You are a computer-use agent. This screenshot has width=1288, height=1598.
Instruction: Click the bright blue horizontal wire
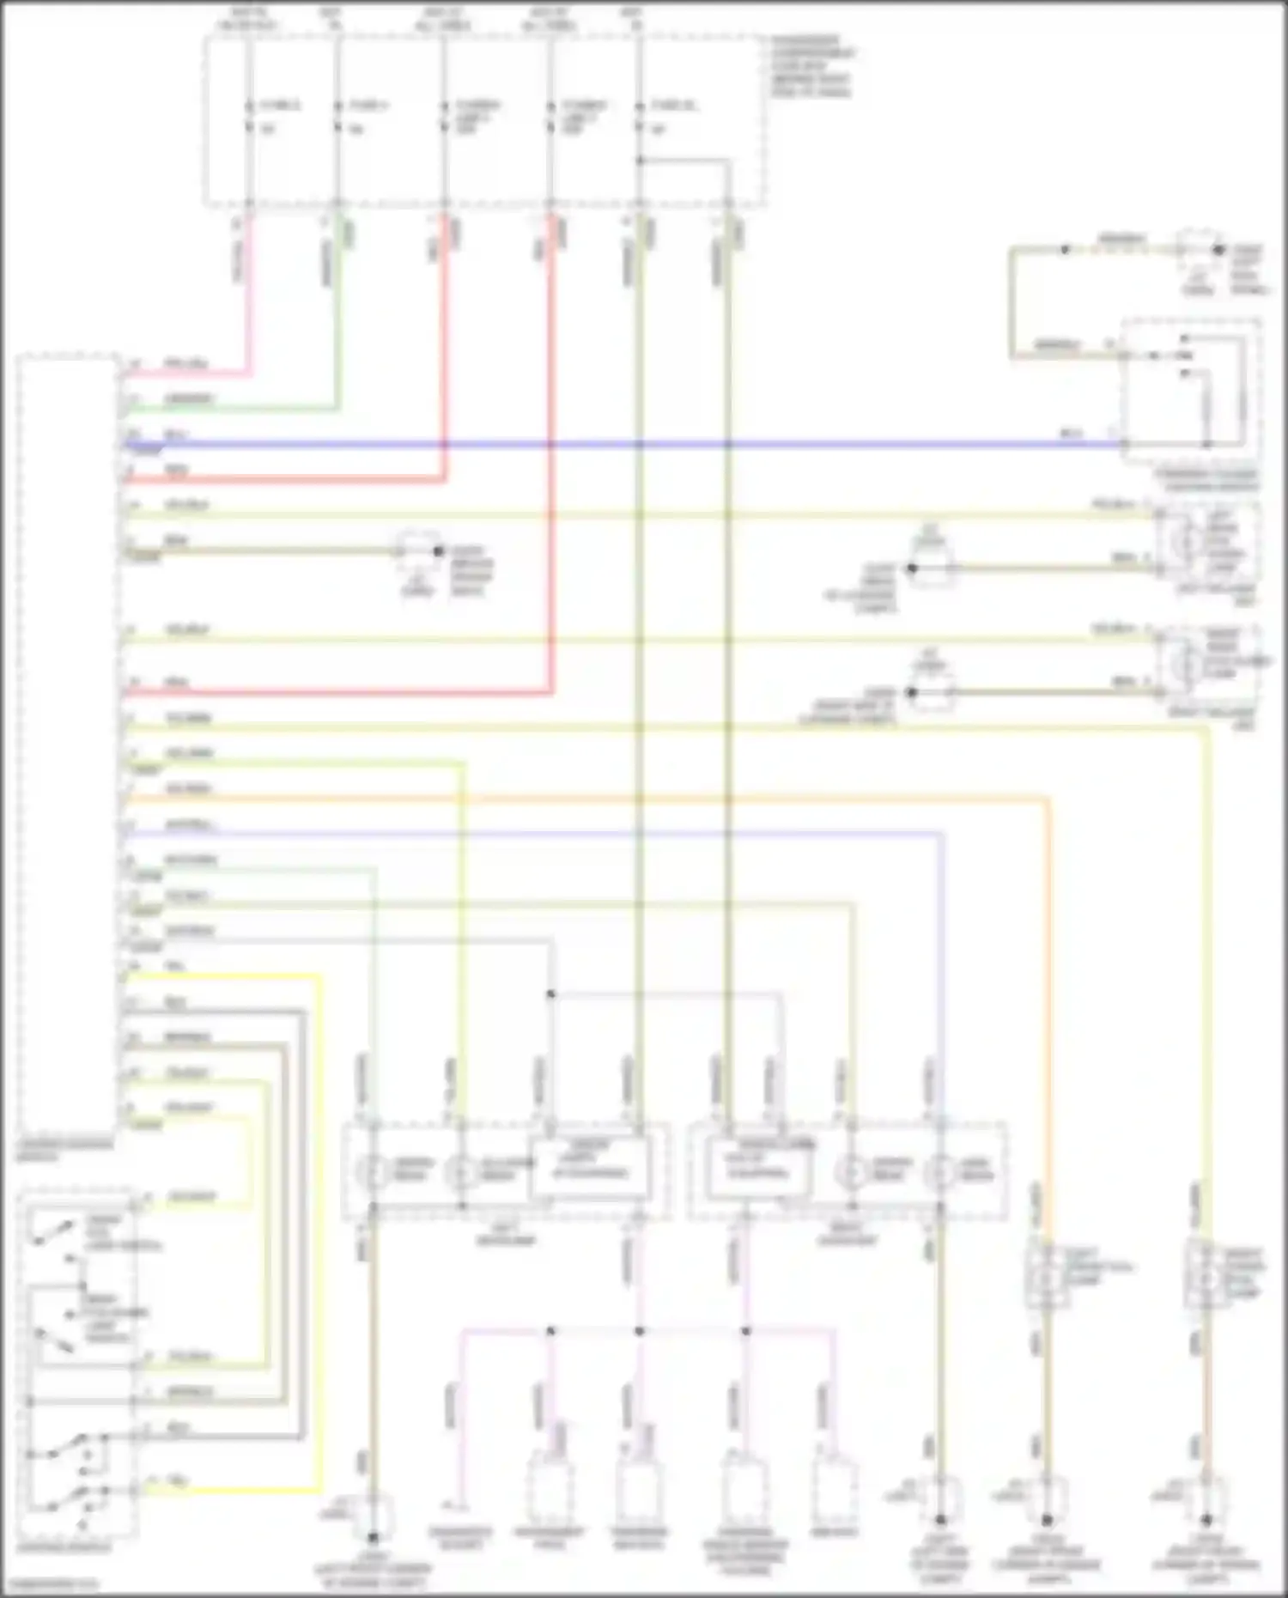tap(601, 445)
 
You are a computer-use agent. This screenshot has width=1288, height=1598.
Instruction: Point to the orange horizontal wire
tap(601, 799)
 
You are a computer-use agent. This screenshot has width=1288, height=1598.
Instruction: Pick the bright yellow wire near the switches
tap(320, 1202)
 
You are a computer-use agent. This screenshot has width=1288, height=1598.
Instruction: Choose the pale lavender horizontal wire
tap(515, 834)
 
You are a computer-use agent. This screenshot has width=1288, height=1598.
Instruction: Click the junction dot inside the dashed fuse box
tap(639, 161)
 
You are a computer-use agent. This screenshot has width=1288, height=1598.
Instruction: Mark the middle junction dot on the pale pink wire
tap(639, 1331)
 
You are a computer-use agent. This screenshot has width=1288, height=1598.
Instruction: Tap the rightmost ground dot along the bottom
tap(1206, 1519)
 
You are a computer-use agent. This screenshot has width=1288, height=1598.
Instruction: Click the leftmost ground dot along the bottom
tap(373, 1536)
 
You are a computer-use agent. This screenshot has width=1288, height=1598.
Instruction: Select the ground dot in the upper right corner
tap(1218, 250)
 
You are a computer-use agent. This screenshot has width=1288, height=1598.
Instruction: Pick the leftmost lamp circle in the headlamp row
tap(373, 1172)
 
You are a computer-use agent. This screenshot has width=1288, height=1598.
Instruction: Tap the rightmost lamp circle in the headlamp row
tap(941, 1172)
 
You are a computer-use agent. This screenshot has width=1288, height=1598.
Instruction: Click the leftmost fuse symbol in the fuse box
tap(249, 117)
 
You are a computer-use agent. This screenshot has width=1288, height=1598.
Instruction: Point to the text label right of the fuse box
tap(811, 66)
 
